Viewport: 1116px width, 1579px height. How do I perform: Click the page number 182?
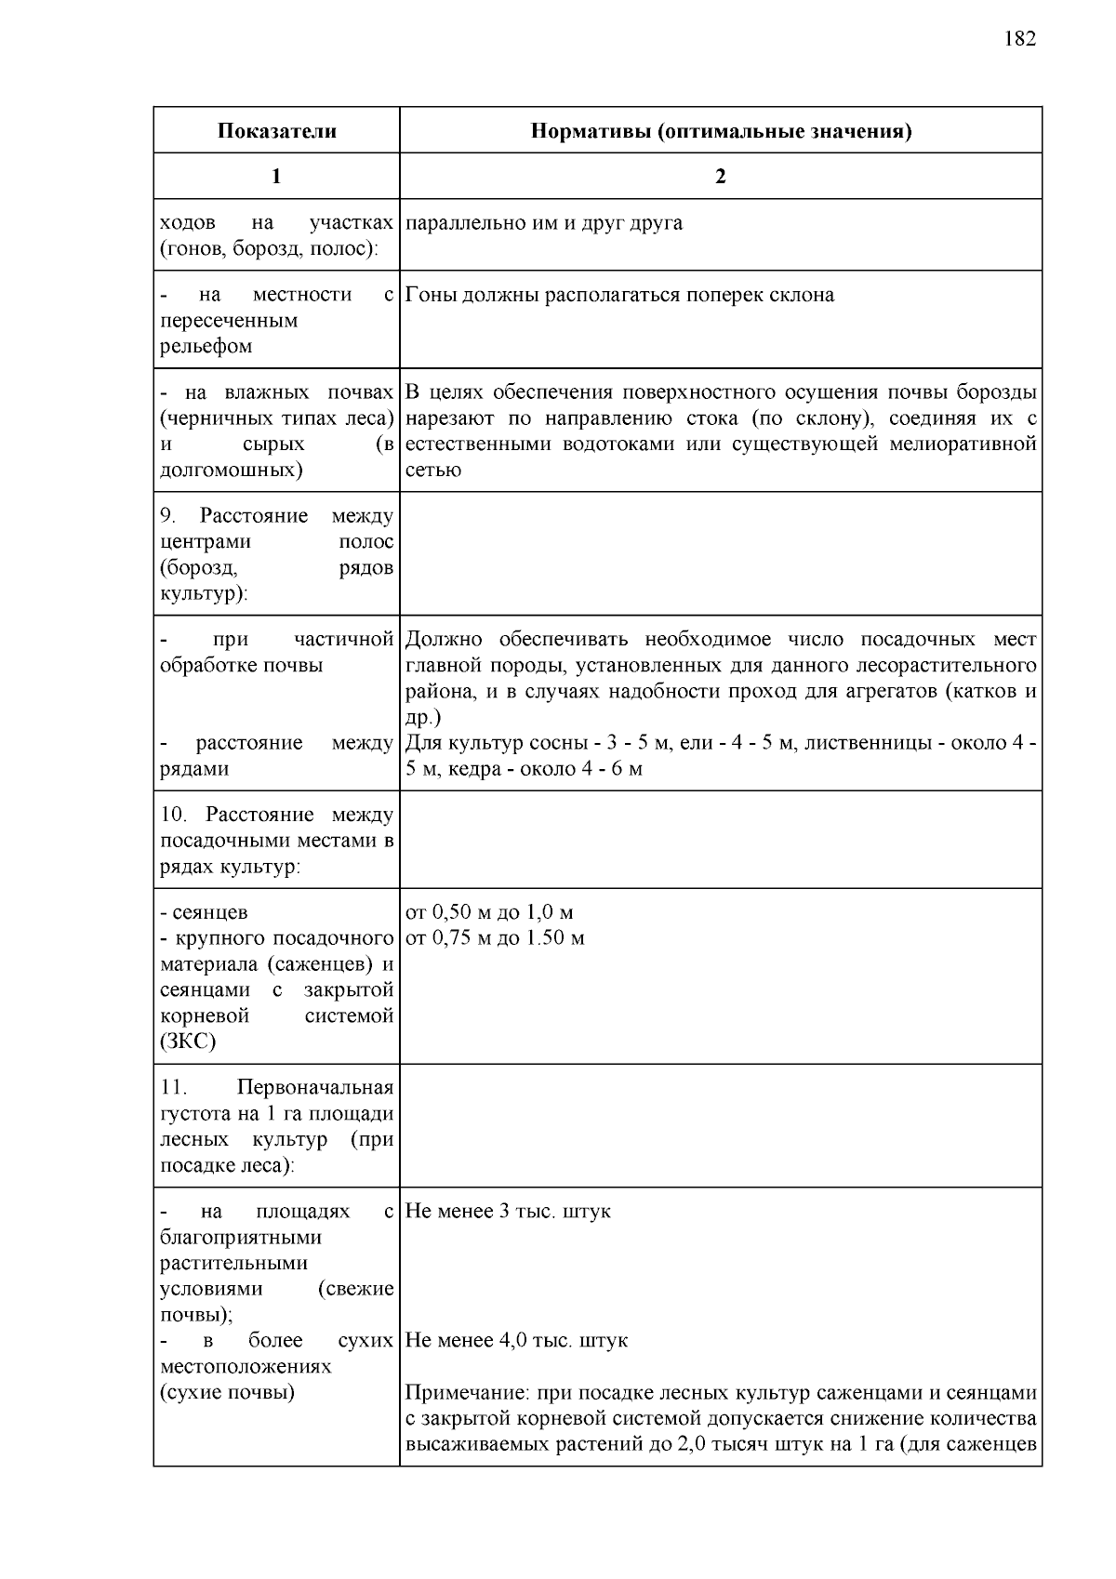(1019, 39)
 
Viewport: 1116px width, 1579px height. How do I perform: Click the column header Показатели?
(276, 131)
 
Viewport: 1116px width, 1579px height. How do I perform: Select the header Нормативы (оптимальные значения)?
(721, 131)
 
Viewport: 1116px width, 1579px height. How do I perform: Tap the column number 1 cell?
(276, 177)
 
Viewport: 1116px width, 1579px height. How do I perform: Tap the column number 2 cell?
(721, 177)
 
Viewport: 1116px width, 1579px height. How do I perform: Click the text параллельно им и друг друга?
(544, 223)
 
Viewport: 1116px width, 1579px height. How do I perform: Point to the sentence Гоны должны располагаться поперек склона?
(620, 295)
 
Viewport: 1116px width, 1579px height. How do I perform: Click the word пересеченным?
(229, 321)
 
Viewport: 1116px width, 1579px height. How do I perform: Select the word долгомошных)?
(232, 470)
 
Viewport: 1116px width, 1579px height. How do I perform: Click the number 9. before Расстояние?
(168, 516)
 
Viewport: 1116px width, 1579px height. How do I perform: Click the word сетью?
(433, 470)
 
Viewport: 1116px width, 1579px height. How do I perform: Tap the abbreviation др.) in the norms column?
(423, 718)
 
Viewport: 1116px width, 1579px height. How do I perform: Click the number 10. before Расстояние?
(174, 816)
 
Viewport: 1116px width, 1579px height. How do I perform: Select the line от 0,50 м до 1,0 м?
(489, 912)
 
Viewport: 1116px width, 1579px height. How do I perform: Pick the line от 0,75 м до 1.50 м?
(495, 938)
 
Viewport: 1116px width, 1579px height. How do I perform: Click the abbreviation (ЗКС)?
(188, 1042)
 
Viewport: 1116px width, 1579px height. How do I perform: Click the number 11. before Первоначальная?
(174, 1088)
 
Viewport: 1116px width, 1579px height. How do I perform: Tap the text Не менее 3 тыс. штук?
(508, 1212)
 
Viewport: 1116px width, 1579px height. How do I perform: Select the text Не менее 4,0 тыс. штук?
(516, 1341)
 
